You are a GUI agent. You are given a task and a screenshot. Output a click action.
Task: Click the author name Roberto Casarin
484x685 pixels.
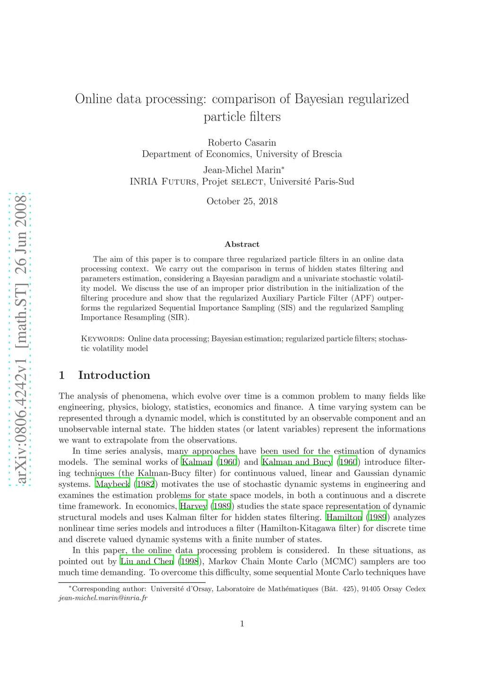242,143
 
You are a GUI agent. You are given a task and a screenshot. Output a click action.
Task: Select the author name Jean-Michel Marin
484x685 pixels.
242,170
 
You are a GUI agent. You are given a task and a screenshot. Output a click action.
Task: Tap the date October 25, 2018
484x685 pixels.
242,201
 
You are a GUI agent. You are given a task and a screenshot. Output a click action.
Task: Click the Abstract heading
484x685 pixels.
242,244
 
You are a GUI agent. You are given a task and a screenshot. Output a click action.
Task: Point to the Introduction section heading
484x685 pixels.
114,375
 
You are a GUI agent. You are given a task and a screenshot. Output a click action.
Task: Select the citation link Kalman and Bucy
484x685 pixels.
297,462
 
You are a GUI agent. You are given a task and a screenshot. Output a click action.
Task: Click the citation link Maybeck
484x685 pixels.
112,485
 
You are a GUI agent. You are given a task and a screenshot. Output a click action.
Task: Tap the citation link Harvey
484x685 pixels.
193,506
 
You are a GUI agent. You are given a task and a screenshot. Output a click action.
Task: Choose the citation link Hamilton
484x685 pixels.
344,518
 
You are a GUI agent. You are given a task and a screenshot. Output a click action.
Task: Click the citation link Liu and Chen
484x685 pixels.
147,562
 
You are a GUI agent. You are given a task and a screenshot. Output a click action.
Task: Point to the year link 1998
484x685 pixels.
189,562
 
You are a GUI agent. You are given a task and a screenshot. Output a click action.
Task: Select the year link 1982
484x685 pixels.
145,485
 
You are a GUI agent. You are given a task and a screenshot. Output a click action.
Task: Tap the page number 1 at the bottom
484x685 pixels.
242,624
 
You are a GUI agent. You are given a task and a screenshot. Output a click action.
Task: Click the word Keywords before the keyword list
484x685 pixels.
103,339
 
